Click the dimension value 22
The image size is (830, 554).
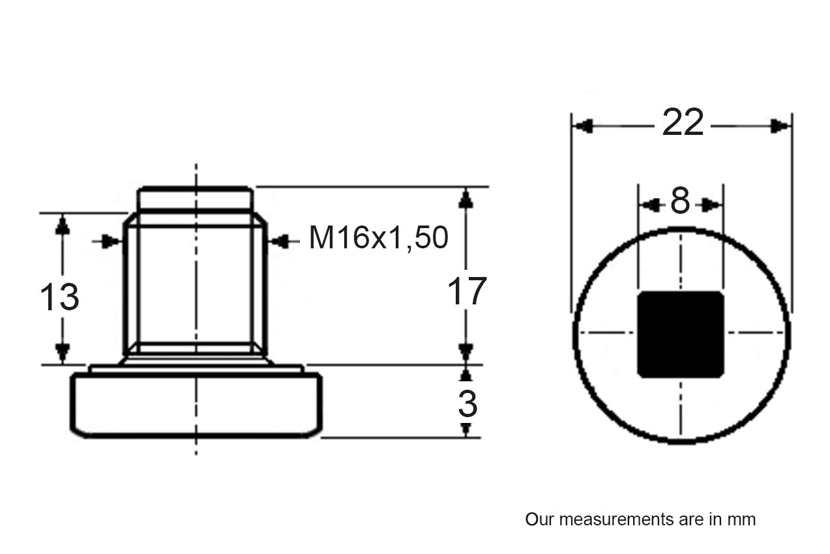pyautogui.click(x=683, y=123)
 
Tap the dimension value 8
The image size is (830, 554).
pyautogui.click(x=680, y=202)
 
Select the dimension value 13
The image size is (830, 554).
pyautogui.click(x=59, y=297)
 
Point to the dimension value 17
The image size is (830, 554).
pyautogui.click(x=467, y=291)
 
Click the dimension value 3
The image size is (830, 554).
pyautogui.click(x=467, y=405)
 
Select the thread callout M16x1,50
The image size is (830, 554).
pyautogui.click(x=378, y=239)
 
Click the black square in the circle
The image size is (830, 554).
pyautogui.click(x=681, y=334)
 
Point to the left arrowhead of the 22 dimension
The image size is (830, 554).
pyautogui.click(x=582, y=126)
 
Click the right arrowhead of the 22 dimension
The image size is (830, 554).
pyautogui.click(x=781, y=126)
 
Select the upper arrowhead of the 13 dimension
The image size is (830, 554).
pyautogui.click(x=63, y=224)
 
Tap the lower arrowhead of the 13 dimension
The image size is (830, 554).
pyautogui.click(x=63, y=353)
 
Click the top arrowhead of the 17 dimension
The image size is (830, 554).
pyautogui.click(x=466, y=197)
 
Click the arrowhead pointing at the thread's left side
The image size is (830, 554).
pyautogui.click(x=113, y=242)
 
